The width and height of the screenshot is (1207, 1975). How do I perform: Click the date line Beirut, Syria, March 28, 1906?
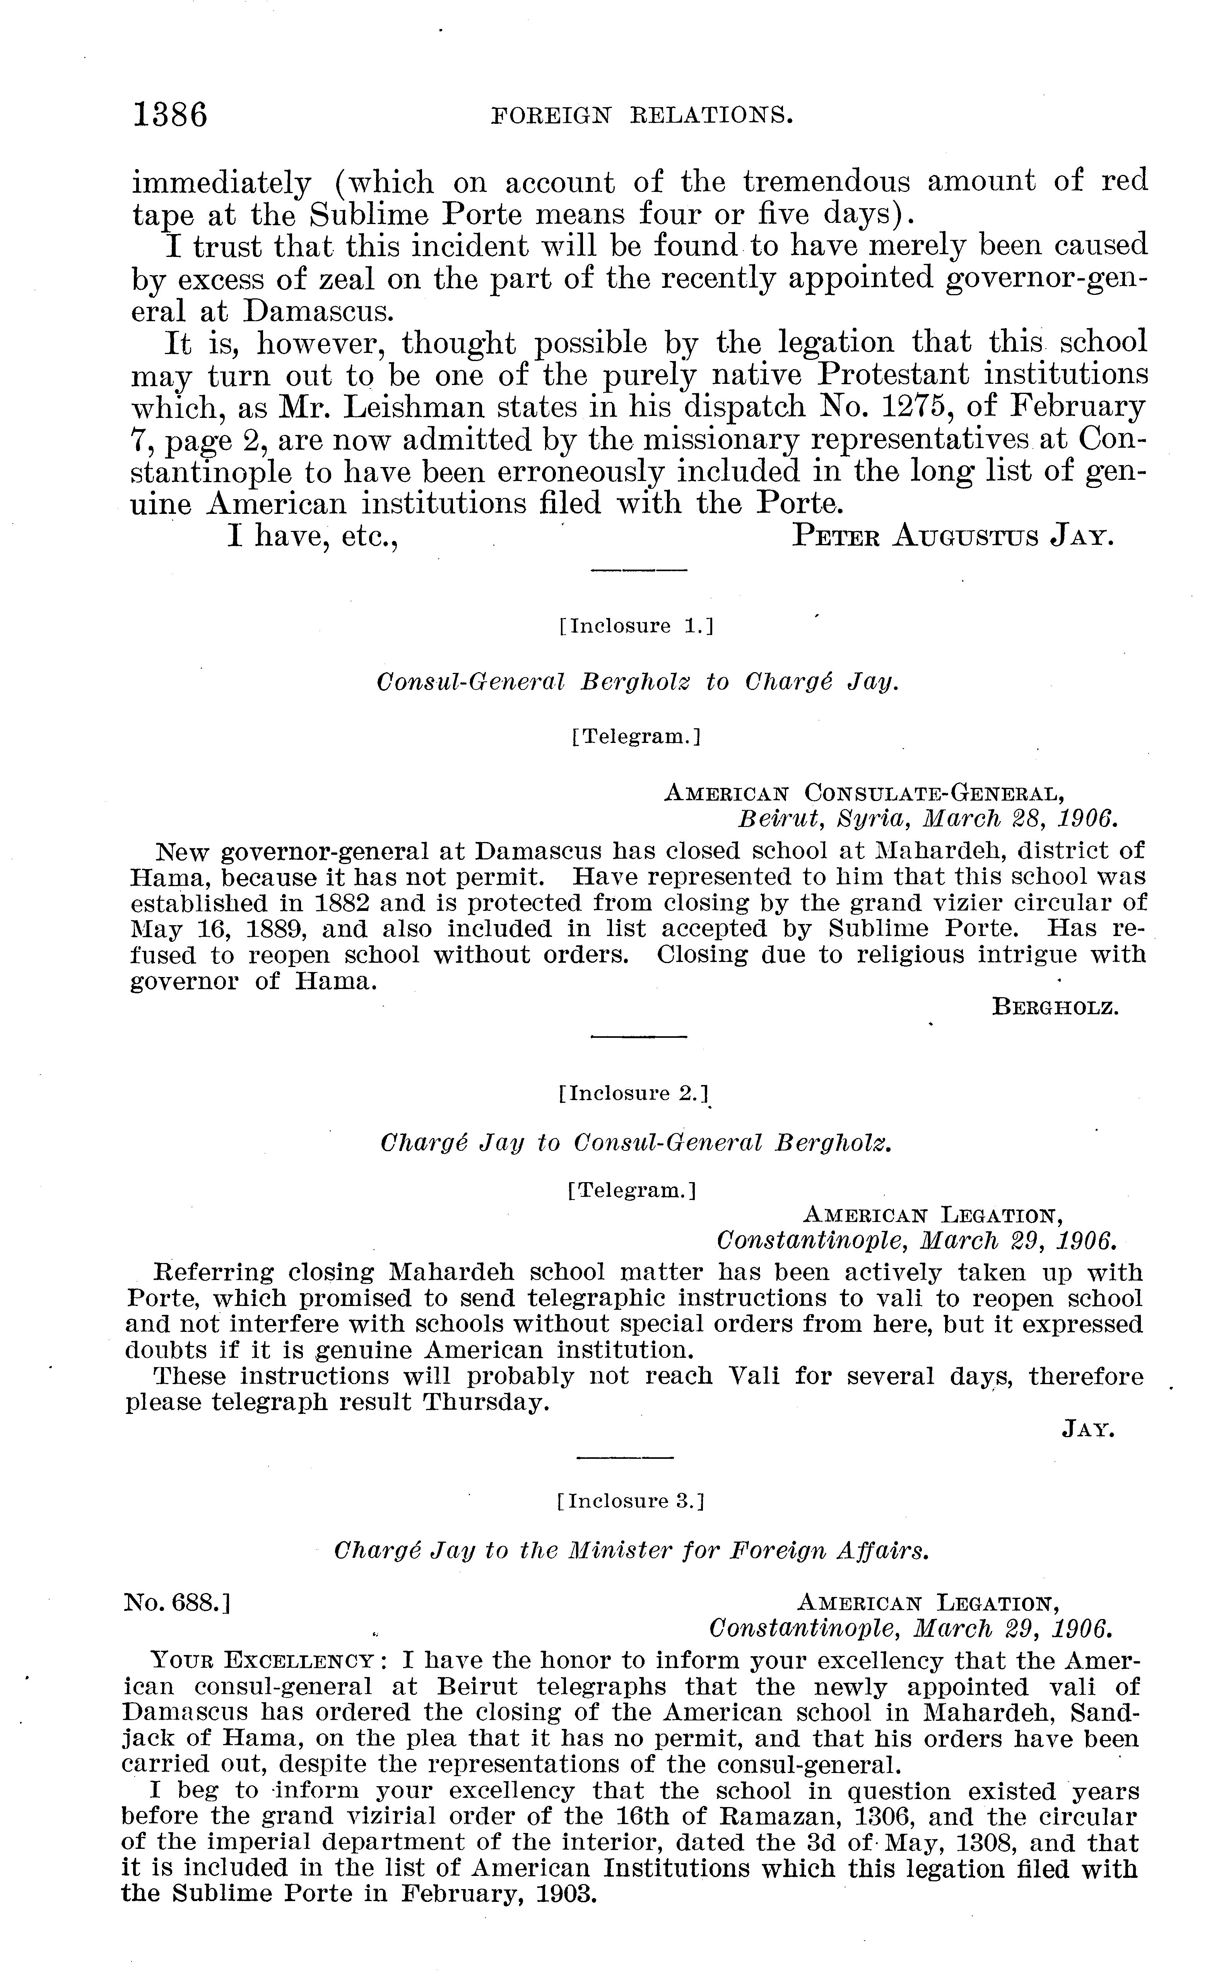click(926, 819)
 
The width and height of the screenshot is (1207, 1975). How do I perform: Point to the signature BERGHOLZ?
click(1055, 1007)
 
